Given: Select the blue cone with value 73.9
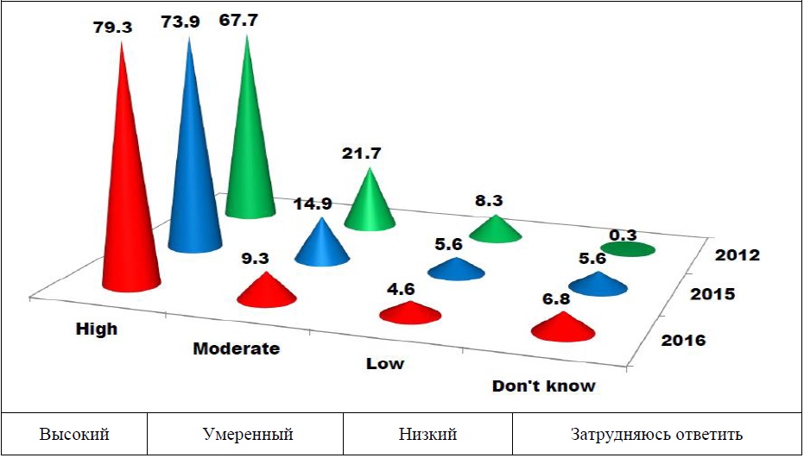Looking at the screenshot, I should (194, 173).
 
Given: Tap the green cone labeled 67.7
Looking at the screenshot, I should (250, 155).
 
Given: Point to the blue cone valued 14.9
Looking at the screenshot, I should (322, 246).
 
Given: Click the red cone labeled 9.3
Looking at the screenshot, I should (266, 291).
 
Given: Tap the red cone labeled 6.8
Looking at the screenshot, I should (562, 327).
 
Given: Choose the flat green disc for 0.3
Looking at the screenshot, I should (628, 249).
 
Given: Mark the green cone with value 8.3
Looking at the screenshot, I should (497, 229).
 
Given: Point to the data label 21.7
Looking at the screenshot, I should (363, 154).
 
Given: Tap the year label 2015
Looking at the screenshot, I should (712, 295).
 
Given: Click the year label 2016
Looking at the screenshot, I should (684, 340).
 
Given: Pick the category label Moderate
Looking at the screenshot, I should (236, 349).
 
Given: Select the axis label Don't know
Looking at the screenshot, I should (543, 386).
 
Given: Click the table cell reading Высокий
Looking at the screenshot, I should (74, 434).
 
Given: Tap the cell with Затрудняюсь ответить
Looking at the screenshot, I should (656, 434).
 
